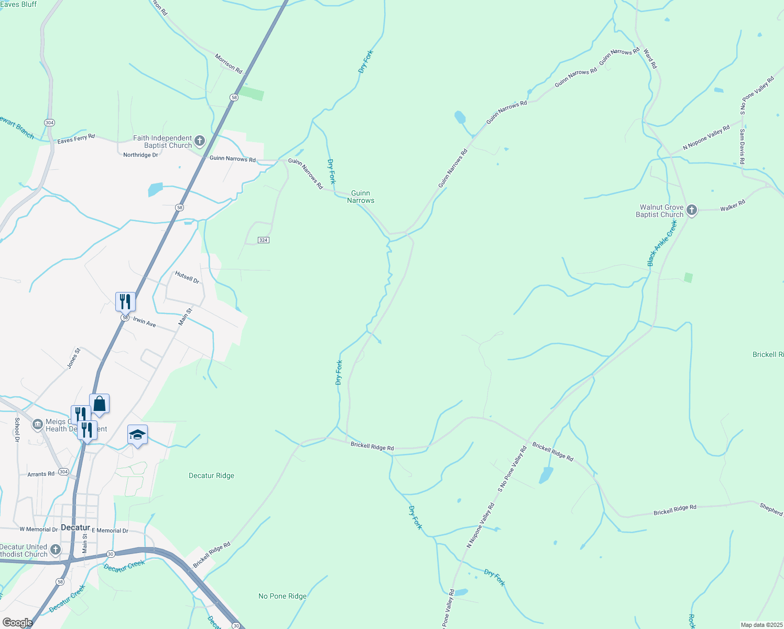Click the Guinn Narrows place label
361,197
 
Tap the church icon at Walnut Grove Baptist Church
692,211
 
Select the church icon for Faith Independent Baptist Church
199,141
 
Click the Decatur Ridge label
211,476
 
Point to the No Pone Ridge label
282,596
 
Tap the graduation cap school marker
137,435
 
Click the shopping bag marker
100,405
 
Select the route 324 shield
263,240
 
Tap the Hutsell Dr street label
187,277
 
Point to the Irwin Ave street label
144,323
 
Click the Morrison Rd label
228,63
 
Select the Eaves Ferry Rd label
76,139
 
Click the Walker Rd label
732,205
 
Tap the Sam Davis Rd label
742,147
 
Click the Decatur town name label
75,527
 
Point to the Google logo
17,623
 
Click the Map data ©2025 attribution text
760,625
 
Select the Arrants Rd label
41,474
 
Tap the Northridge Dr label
140,155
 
